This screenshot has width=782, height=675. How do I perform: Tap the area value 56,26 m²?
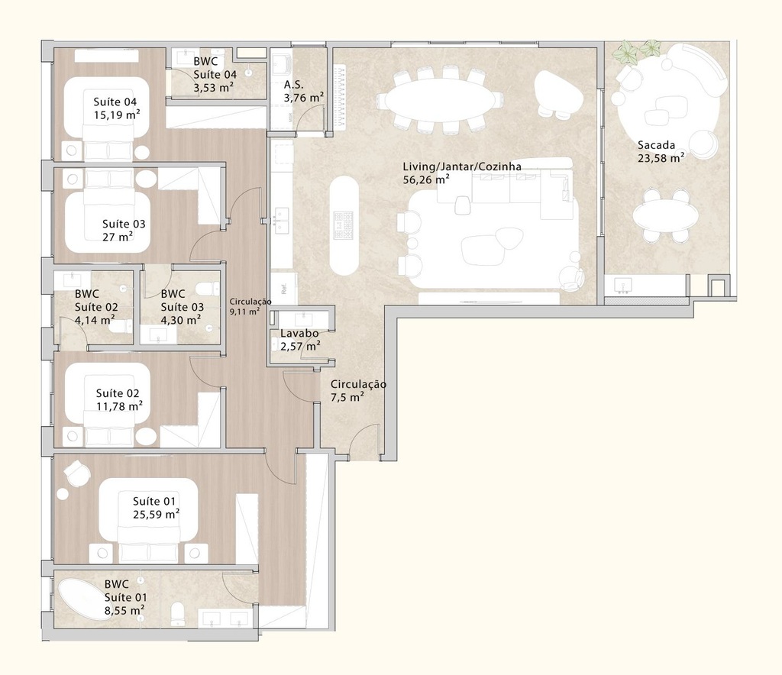(426, 180)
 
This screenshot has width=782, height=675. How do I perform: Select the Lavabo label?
(294, 334)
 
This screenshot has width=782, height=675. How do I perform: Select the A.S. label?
(295, 85)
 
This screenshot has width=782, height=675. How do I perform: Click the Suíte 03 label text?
(124, 224)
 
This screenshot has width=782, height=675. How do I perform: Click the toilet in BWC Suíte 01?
(177, 612)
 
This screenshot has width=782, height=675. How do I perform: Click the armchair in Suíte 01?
(76, 473)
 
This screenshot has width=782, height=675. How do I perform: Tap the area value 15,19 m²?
(117, 115)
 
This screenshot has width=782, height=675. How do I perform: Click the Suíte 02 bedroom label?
(118, 393)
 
